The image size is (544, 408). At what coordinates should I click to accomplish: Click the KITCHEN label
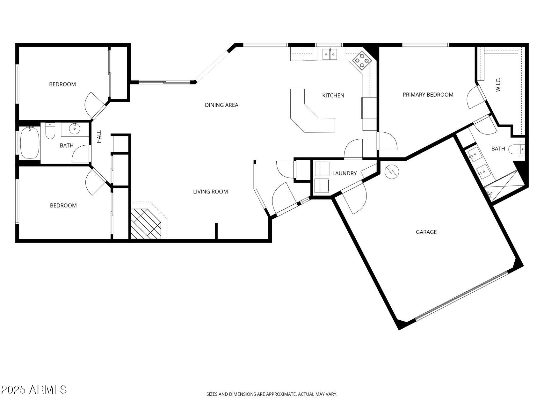point(333,95)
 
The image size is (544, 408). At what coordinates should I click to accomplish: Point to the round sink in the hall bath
point(75,129)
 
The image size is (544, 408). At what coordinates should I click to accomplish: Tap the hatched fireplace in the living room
point(146,224)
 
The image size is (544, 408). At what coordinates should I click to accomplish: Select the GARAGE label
point(426,232)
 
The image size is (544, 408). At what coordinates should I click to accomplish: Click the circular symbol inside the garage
point(392,172)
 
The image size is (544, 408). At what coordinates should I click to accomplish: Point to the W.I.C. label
point(498,84)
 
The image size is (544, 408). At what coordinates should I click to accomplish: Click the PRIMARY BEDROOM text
point(428,95)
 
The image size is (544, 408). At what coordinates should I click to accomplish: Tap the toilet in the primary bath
point(514,149)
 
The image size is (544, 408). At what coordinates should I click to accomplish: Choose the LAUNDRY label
point(344,173)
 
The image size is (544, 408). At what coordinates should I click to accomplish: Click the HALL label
point(99,136)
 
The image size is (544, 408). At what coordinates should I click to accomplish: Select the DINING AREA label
point(221,105)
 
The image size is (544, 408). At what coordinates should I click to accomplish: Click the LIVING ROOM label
point(210,192)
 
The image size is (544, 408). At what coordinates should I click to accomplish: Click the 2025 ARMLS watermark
point(34,390)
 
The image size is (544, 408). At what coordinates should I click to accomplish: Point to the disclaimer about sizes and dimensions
point(272,394)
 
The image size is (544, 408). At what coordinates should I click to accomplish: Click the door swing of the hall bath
point(80,154)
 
